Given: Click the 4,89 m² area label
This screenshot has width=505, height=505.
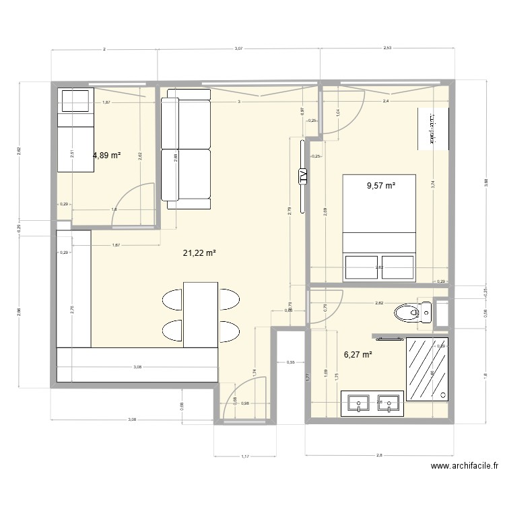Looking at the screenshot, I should click(x=106, y=155).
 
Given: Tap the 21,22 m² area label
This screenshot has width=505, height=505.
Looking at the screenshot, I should click(x=199, y=253).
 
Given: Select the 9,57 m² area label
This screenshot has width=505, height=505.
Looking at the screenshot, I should click(x=381, y=187).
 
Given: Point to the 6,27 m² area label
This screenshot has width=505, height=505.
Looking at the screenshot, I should click(x=358, y=354).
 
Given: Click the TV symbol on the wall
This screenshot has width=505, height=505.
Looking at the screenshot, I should click(x=302, y=176).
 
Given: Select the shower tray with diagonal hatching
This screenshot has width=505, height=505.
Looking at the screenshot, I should click(x=426, y=368).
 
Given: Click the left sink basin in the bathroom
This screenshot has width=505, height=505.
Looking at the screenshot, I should click(x=359, y=403).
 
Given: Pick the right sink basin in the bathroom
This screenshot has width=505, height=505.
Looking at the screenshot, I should click(x=390, y=403).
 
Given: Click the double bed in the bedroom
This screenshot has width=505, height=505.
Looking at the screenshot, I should click(x=379, y=227).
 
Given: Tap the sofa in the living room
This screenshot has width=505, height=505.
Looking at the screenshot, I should click(x=185, y=149).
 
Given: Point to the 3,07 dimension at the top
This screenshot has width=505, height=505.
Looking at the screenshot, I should click(x=238, y=49).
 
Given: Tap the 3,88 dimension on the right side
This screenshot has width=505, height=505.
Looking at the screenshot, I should click(x=485, y=182).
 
